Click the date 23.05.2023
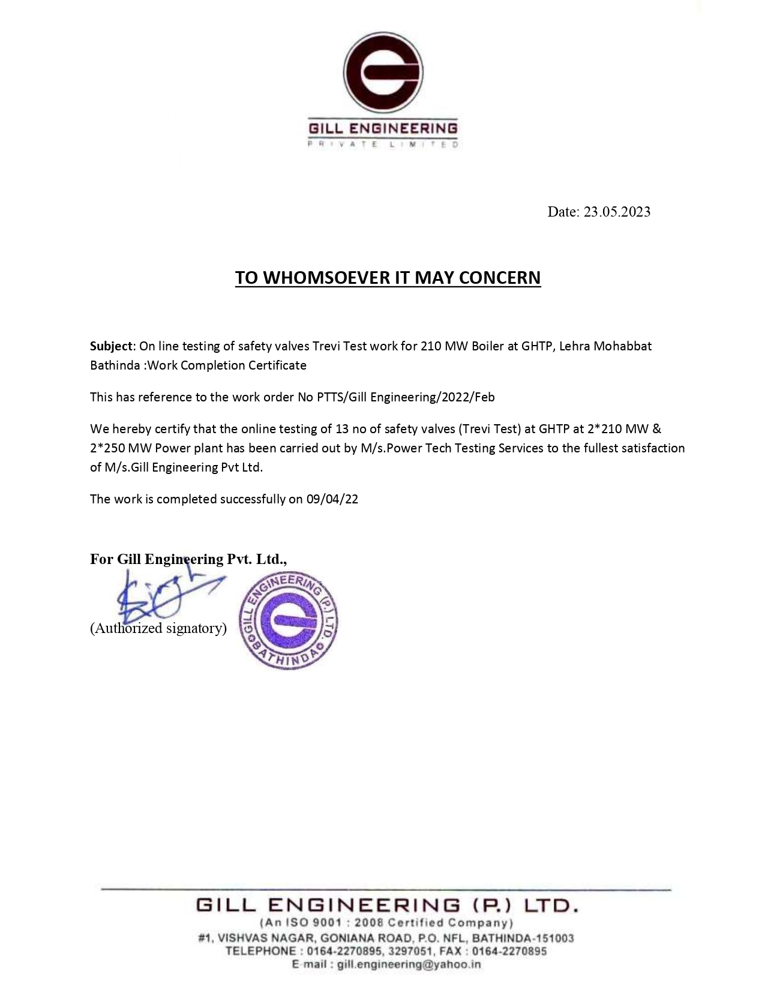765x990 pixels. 617,212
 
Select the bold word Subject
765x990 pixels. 112,346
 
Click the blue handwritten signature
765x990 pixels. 159,597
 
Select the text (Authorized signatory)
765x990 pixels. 158,628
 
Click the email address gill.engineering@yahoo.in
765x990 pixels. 409,964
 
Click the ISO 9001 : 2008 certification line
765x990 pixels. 386,923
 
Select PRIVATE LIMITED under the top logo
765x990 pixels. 383,145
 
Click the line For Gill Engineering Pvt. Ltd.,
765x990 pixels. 188,559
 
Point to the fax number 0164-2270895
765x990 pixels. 509,951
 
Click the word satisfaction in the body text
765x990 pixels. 651,448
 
